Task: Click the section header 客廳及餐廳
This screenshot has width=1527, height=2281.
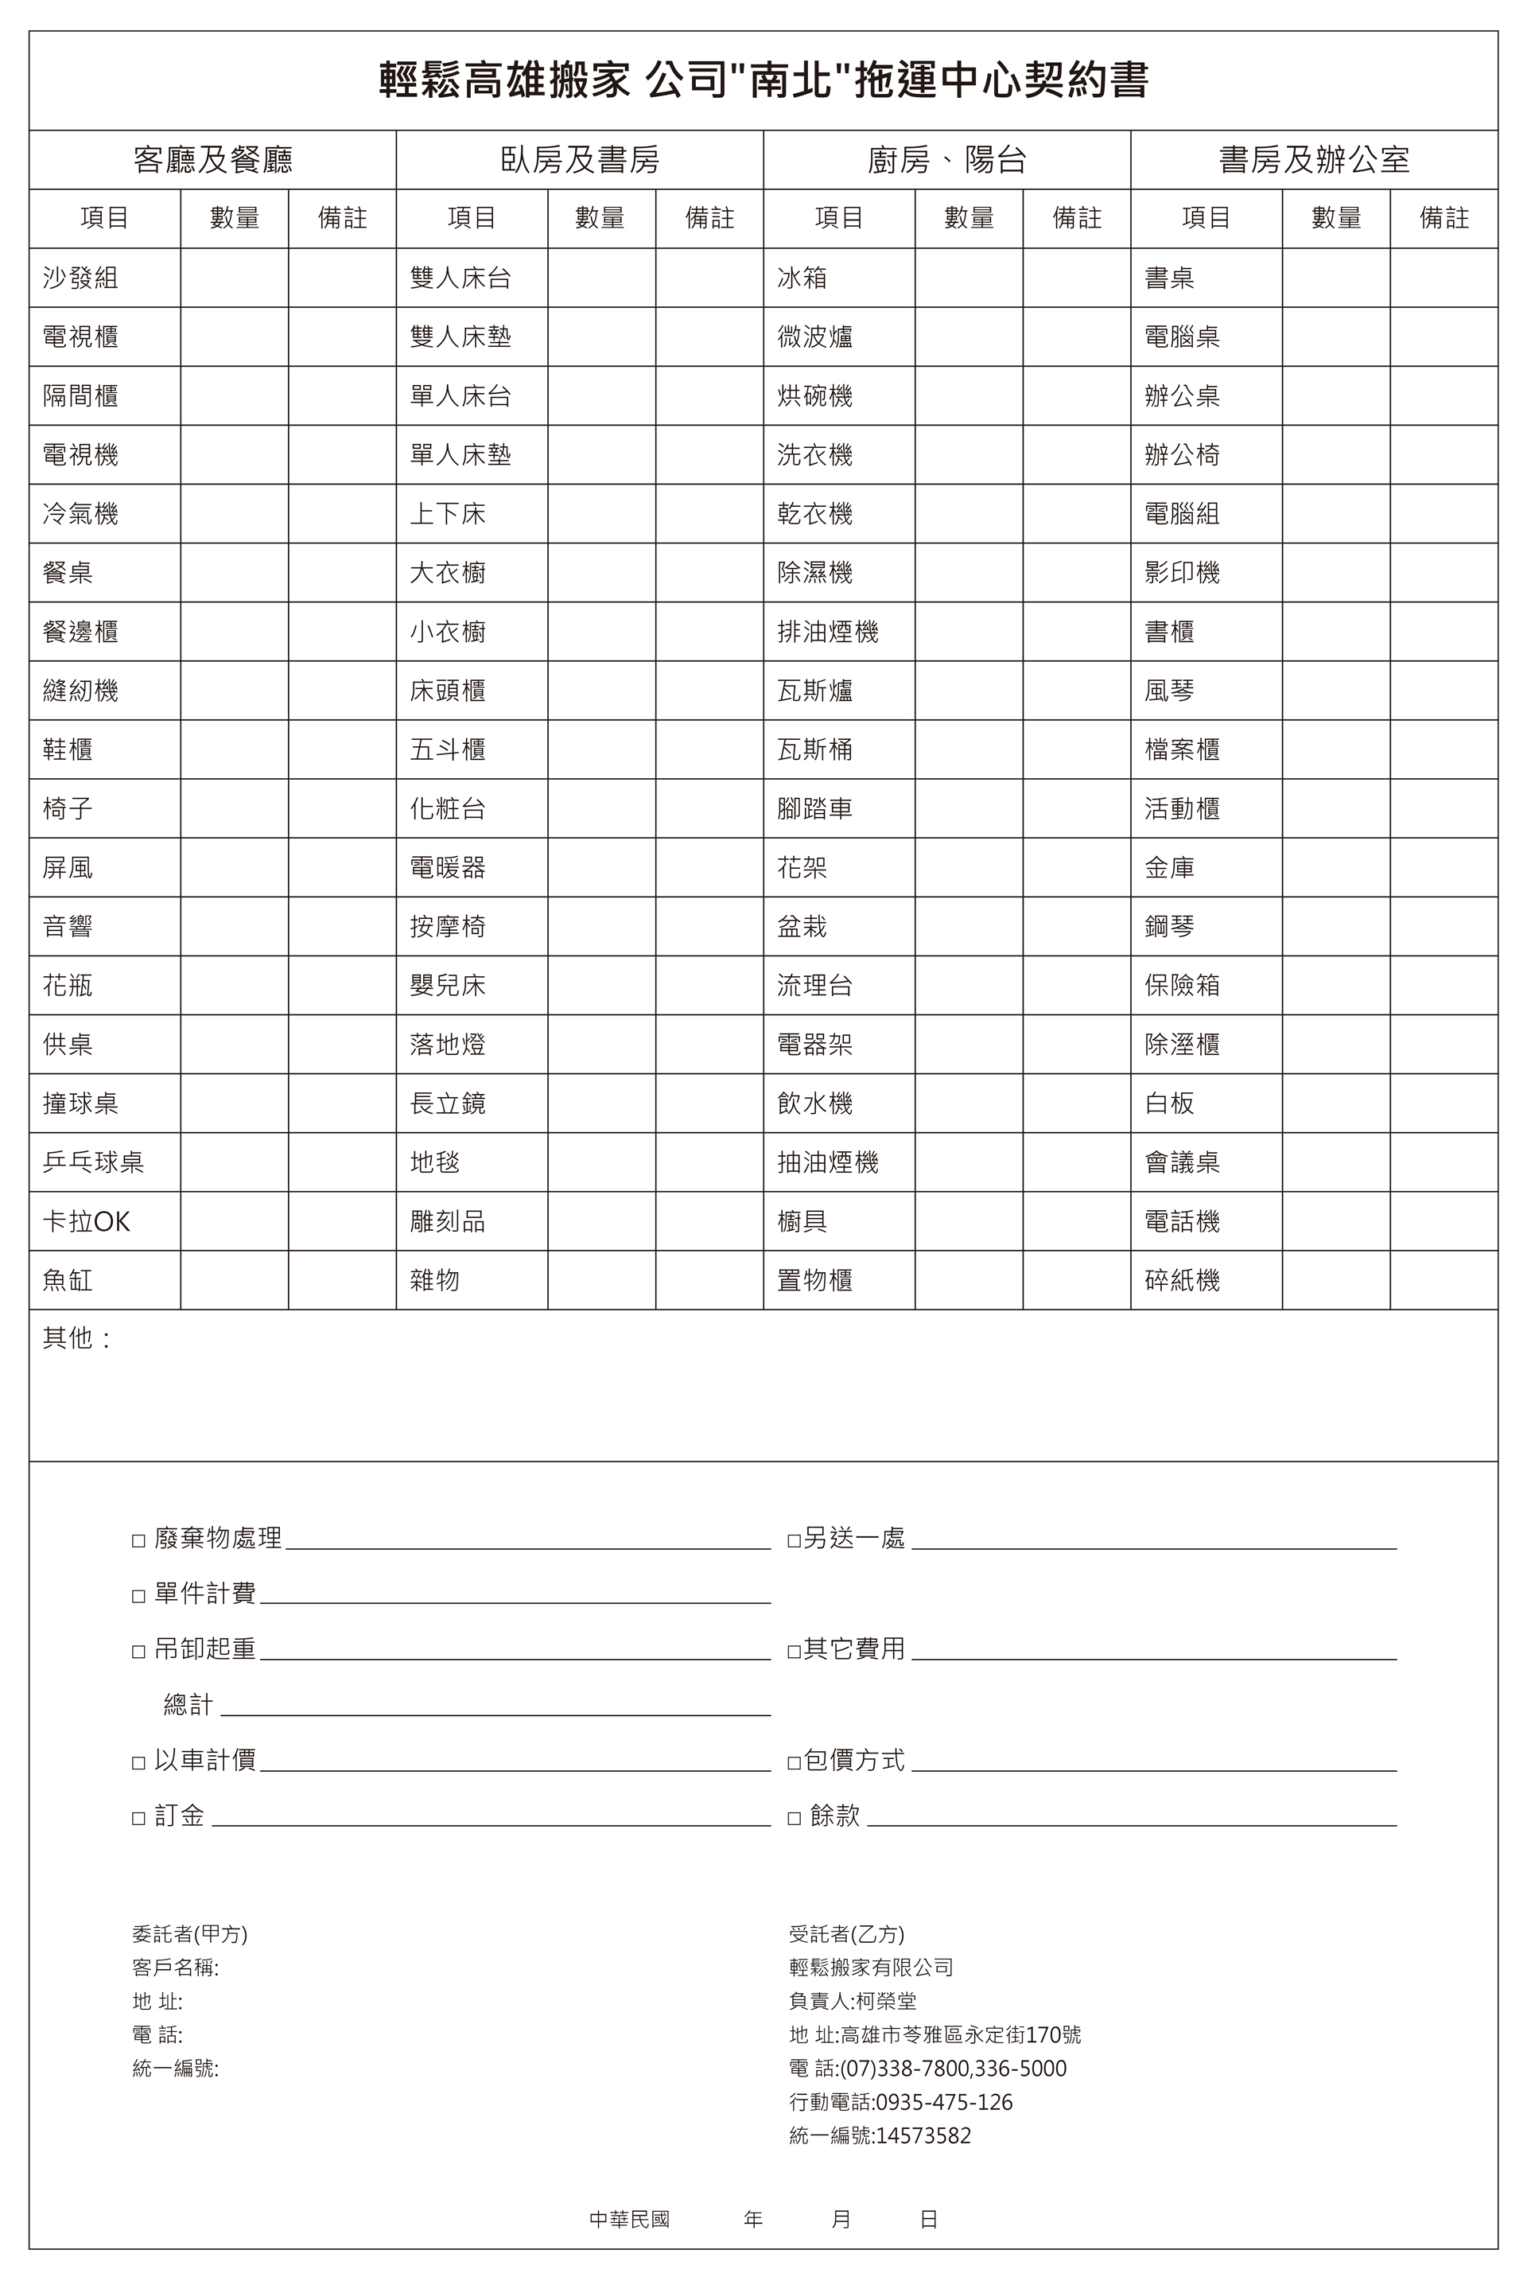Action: [212, 160]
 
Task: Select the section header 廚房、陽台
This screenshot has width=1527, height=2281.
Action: [946, 160]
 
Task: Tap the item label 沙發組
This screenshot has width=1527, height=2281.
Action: [81, 278]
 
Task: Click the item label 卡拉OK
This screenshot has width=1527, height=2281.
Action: [87, 1221]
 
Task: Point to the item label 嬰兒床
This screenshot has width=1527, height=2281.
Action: [447, 986]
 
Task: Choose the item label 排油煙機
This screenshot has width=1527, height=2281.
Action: [828, 632]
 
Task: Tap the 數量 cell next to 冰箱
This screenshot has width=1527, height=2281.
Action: [968, 278]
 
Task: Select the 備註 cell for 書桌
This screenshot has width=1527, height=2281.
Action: [1443, 278]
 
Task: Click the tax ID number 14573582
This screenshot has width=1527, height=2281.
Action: [923, 2136]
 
